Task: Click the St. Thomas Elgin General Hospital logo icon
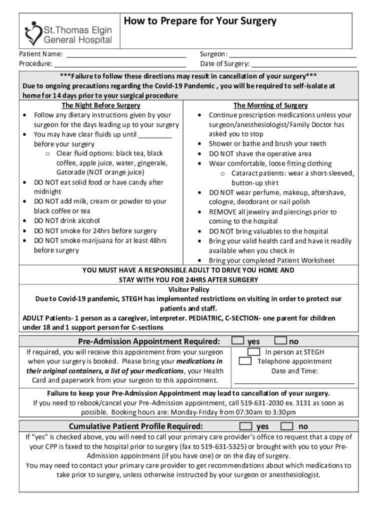coord(33,32)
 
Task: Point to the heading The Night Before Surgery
coord(100,105)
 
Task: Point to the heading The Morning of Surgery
coord(270,105)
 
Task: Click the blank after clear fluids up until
coord(155,135)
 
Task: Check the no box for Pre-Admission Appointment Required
coord(280,341)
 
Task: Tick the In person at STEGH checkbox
coord(254,352)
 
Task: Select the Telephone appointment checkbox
coord(245,361)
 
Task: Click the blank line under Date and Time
coord(294,383)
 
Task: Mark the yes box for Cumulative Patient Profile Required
coord(245,426)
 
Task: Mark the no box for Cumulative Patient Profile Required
coord(287,426)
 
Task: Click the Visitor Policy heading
coord(189,289)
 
